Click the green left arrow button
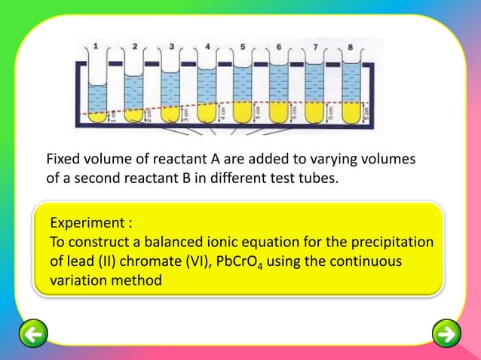(34, 333)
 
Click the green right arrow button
(447, 333)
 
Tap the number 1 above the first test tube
(96, 47)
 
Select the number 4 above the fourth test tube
(207, 47)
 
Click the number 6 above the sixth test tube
(279, 47)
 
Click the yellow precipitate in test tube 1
(97, 117)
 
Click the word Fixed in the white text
(63, 160)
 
